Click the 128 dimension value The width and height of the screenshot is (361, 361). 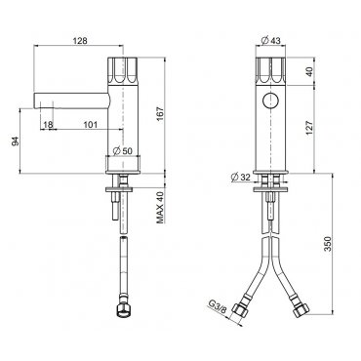pos(80,41)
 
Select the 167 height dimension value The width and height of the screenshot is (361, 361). pos(161,114)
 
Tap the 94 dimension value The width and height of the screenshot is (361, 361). pos(16,141)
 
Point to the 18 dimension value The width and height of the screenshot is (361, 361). pos(48,125)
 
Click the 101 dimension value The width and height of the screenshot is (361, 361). pos(91,125)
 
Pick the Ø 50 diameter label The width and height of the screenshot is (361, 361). pos(123,151)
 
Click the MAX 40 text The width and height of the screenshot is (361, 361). pos(160,207)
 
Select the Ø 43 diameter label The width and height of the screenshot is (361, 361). pos(271,40)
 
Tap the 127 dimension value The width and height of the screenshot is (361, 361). pos(309,129)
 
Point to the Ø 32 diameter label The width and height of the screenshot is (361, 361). pos(240,178)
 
